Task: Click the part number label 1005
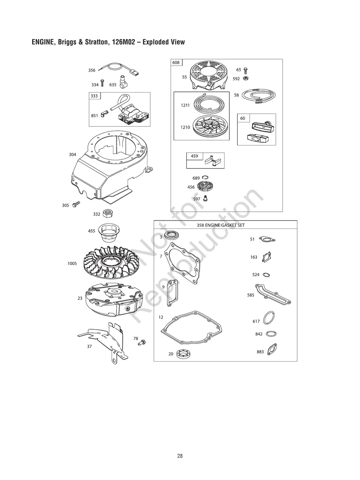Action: click(72, 263)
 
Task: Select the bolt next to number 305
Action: click(75, 205)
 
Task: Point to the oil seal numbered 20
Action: click(183, 353)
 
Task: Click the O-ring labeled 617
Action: click(269, 318)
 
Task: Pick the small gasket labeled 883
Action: click(272, 349)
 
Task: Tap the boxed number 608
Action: click(176, 63)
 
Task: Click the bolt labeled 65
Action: click(246, 71)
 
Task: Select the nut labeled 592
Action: click(246, 78)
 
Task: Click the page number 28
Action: click(180, 456)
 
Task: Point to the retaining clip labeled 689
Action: click(205, 177)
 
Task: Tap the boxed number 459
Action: click(194, 156)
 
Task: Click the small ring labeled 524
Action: click(267, 275)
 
